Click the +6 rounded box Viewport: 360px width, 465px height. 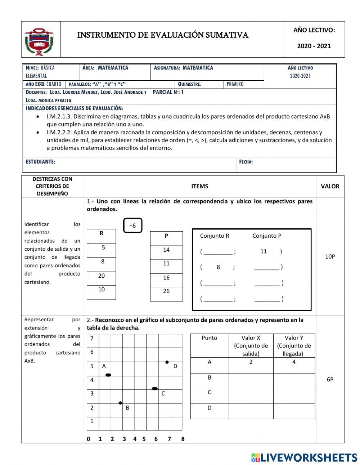[132, 225]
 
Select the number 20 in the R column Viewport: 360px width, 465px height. [102, 276]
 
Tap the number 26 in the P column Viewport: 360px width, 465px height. [166, 291]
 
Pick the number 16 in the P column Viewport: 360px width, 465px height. [166, 278]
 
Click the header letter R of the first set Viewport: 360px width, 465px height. [101, 233]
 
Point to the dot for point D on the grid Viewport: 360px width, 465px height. [167, 362]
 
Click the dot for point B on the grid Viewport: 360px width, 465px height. [121, 403]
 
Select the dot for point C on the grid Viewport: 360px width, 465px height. [155, 389]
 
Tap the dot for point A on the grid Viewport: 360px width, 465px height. [108, 375]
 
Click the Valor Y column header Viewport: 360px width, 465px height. [294, 345]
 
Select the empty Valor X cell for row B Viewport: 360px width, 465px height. [251, 380]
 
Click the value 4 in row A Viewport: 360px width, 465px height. [294, 362]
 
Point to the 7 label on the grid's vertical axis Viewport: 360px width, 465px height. [92, 339]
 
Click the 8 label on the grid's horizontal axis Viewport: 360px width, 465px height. [183, 439]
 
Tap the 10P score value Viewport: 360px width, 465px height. [330, 256]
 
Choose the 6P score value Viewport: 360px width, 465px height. [330, 379]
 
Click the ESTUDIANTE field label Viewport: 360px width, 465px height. [40, 162]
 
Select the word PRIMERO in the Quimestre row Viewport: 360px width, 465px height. [235, 84]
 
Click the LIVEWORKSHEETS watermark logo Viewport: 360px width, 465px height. [304, 457]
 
